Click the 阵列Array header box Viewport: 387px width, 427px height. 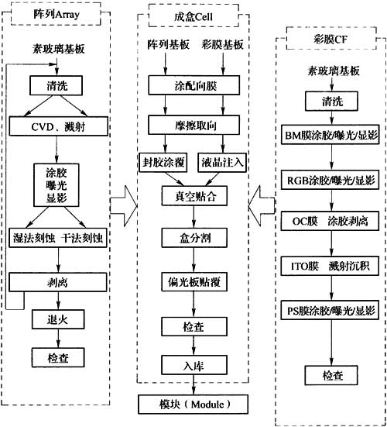[x=56, y=14]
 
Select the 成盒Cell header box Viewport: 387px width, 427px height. [x=193, y=16]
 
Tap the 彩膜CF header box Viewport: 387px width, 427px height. [x=331, y=39]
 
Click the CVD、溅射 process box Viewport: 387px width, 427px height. [x=59, y=126]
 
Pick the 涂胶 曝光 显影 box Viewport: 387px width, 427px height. [x=57, y=185]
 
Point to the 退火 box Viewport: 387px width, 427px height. [x=58, y=319]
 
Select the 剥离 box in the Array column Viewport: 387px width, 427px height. [x=58, y=282]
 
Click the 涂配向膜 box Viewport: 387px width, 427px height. [x=194, y=85]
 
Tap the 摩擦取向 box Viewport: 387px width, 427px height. [x=194, y=125]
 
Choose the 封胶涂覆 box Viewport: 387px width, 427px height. [x=163, y=163]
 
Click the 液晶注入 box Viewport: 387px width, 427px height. [x=222, y=163]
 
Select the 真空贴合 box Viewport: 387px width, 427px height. [x=194, y=196]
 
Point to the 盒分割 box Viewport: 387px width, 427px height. [x=194, y=238]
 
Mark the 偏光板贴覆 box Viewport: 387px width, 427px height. [x=194, y=282]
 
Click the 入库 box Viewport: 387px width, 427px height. [x=194, y=365]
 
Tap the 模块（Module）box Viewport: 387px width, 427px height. [x=193, y=405]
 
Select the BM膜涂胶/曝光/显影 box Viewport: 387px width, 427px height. [x=330, y=135]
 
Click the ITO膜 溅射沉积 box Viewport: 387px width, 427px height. [x=330, y=266]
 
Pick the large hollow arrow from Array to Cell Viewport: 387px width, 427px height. [x=124, y=206]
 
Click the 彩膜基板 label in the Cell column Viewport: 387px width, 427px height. [x=222, y=44]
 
